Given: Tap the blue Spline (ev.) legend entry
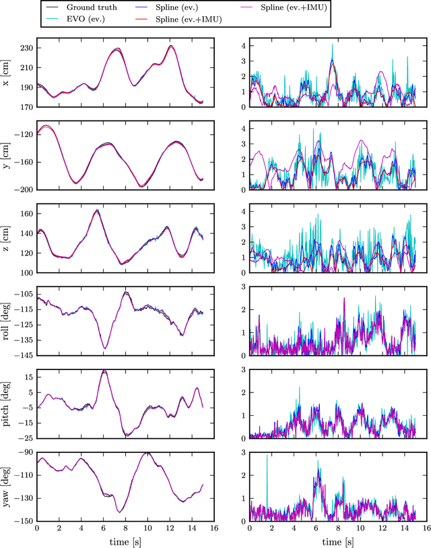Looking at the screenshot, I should (x=178, y=7).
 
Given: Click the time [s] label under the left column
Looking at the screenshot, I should (x=125, y=541).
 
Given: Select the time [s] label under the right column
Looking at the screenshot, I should (x=338, y=541).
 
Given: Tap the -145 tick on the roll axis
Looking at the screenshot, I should (x=24, y=355).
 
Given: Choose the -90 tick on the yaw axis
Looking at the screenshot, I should (x=25, y=452).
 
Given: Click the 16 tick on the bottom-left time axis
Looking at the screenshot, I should (x=214, y=528).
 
